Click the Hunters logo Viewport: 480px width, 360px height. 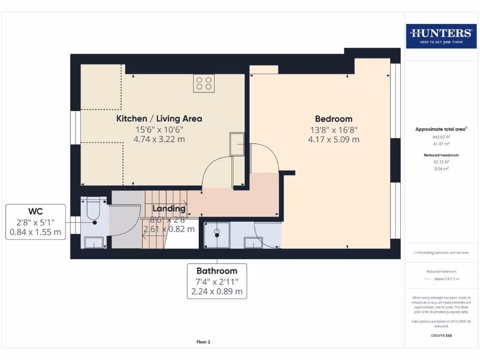441,36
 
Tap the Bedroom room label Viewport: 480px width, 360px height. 333,119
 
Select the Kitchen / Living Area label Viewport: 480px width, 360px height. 159,119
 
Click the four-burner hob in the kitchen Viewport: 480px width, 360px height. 204,83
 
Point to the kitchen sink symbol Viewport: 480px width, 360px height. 237,144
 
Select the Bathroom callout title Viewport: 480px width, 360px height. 217,271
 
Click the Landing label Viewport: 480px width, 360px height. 168,209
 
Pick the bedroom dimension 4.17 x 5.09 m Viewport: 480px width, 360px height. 333,139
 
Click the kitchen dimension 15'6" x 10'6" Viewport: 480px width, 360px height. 159,130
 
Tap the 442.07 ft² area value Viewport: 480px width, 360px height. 441,137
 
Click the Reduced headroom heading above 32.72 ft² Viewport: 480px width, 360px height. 441,155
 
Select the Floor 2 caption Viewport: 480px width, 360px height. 203,342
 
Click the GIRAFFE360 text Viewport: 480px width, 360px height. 441,336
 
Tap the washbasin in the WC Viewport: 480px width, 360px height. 94,242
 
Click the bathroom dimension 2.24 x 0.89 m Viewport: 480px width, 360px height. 217,291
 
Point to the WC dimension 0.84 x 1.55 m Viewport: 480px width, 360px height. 35,232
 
